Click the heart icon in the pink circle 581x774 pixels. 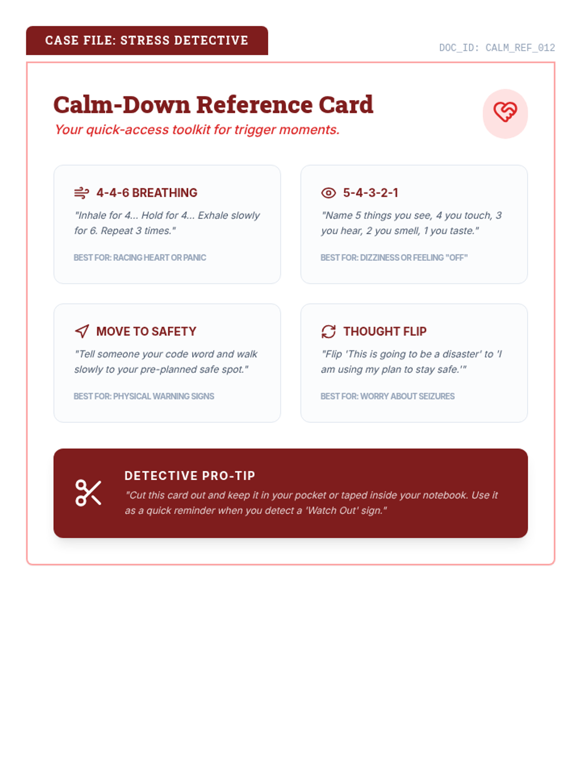tap(505, 112)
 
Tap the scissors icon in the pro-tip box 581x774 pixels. tap(88, 493)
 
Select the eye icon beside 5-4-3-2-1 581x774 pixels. tap(328, 193)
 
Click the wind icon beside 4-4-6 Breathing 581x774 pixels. tap(81, 193)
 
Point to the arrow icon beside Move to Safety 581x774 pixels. tap(82, 331)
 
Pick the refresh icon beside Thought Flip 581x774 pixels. tap(328, 331)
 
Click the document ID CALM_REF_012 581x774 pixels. tap(497, 48)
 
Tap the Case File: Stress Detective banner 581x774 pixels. tap(147, 41)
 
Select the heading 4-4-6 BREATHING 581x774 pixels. tap(147, 193)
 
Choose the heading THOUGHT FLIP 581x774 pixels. tap(385, 331)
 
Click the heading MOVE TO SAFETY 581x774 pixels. tap(146, 331)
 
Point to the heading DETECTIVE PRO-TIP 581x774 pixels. tap(190, 476)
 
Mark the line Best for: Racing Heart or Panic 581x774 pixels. tap(140, 258)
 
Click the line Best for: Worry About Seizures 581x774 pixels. tap(387, 396)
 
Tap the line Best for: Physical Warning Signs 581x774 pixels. tap(144, 396)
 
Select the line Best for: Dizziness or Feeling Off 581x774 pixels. tap(394, 258)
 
